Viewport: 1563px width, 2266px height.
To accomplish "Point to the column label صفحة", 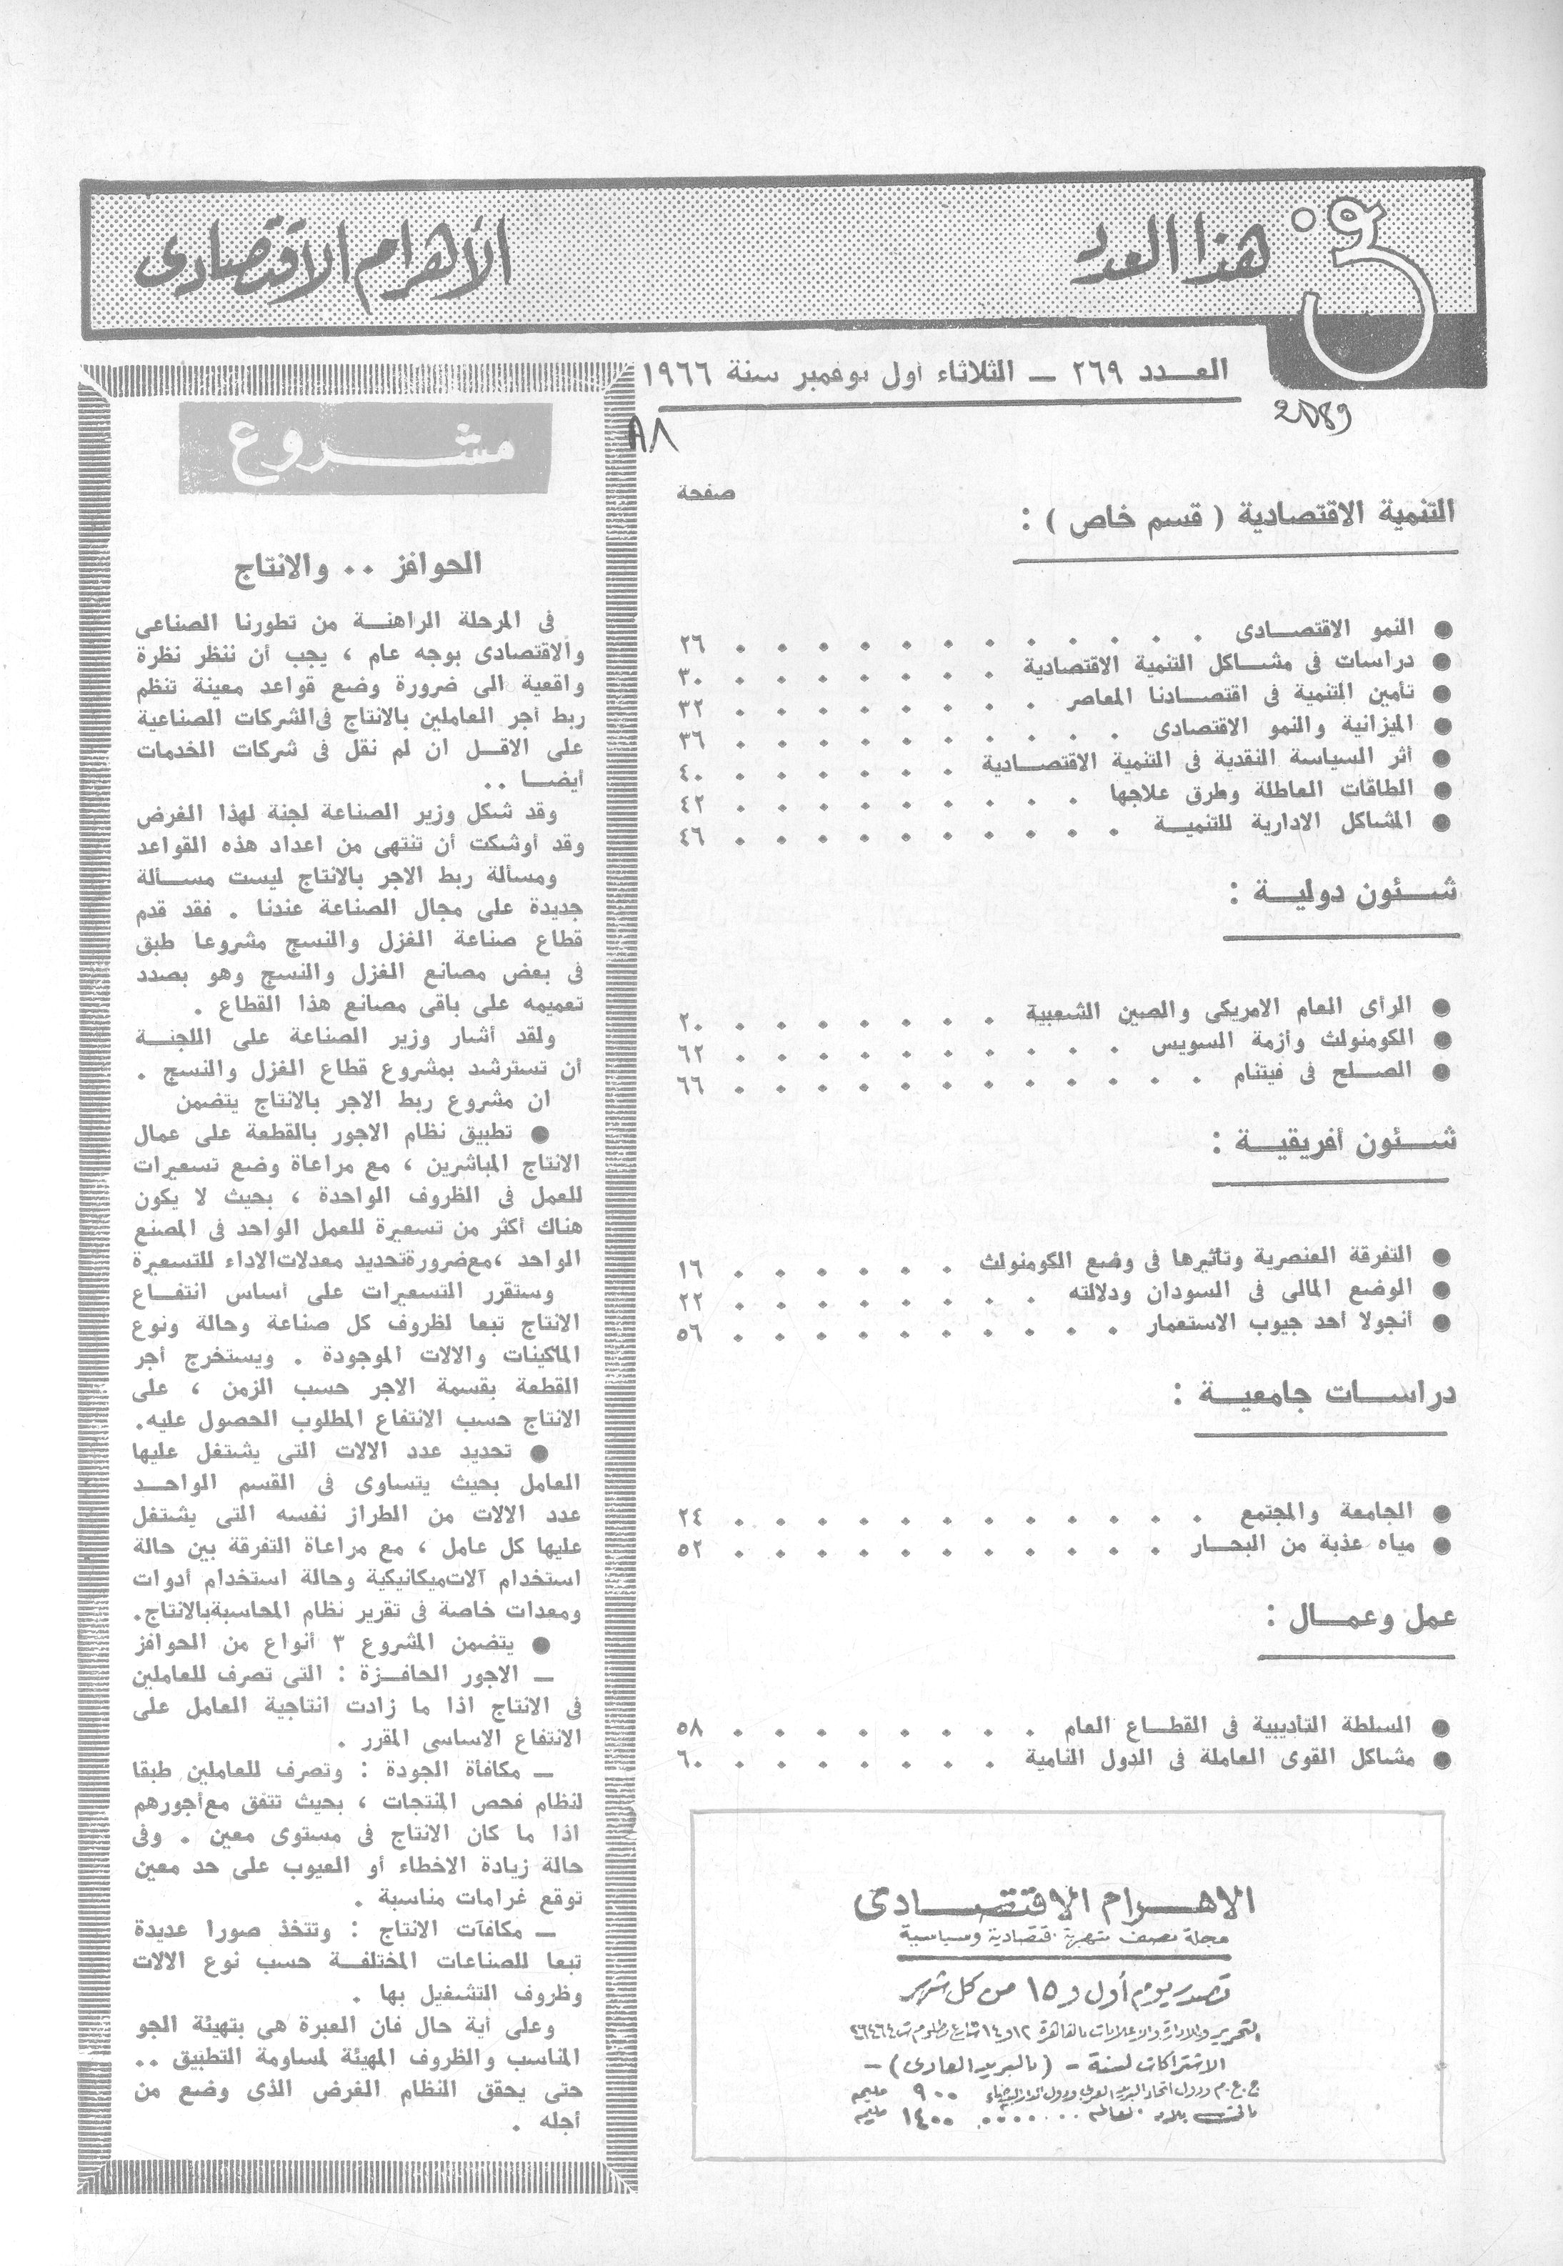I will [x=697, y=494].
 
